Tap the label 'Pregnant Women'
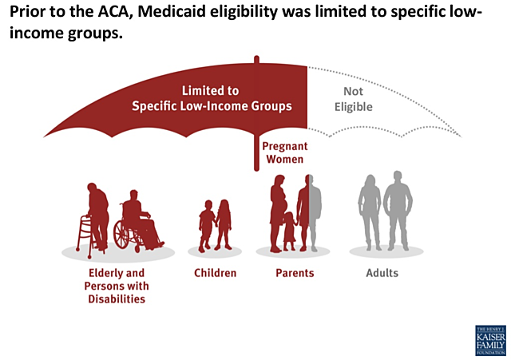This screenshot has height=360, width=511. (x=284, y=153)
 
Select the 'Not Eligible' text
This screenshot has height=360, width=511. (x=352, y=98)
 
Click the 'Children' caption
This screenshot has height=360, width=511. (x=215, y=273)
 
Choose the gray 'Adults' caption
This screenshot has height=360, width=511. (x=382, y=273)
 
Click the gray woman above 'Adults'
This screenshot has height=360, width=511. (x=369, y=212)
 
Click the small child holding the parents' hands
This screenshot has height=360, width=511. (x=288, y=231)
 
